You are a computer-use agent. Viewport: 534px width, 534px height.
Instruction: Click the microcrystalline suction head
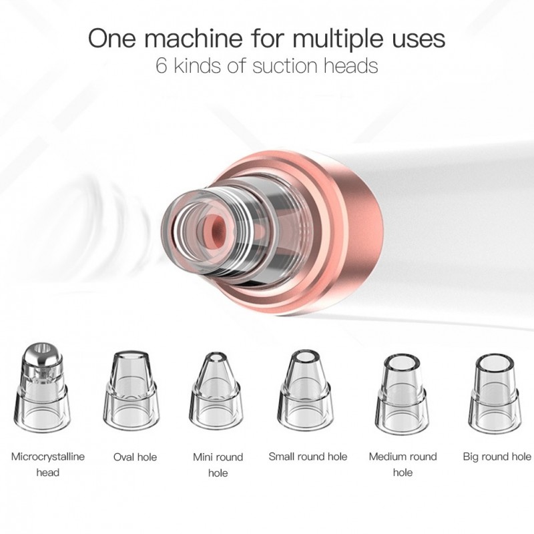click(x=42, y=388)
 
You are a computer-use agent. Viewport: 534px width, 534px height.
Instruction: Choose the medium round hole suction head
click(x=402, y=393)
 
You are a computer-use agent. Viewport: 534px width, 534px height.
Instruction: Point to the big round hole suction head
click(x=494, y=393)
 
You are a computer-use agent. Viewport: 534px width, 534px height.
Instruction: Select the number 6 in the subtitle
click(x=162, y=65)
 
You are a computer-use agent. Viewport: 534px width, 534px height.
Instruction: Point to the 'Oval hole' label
click(x=136, y=457)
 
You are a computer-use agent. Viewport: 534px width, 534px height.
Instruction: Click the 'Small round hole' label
click(x=308, y=457)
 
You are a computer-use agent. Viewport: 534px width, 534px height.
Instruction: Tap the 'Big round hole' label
click(x=497, y=457)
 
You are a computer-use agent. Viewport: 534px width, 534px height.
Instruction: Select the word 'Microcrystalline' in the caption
click(x=47, y=457)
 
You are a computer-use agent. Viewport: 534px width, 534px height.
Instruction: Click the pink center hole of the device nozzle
click(x=220, y=229)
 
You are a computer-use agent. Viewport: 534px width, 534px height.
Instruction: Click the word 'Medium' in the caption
click(x=385, y=457)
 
